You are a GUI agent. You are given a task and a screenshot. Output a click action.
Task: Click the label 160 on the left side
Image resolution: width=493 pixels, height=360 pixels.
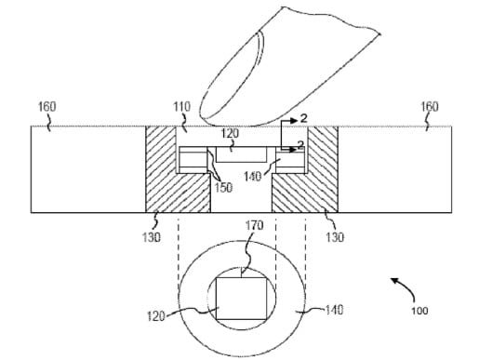pyautogui.click(x=47, y=107)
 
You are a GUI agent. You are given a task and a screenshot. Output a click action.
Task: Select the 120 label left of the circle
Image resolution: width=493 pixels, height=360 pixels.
pyautogui.click(x=155, y=316)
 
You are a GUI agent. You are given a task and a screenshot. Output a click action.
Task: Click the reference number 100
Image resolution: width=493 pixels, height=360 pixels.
pyautogui.click(x=418, y=312)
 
